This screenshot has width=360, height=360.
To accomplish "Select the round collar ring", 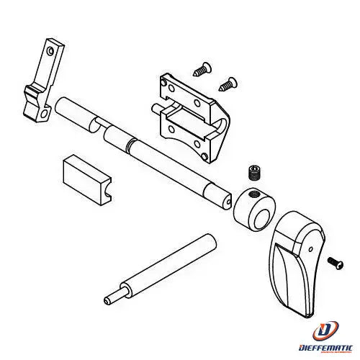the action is [254, 209].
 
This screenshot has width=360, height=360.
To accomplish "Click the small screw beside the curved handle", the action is [336, 264].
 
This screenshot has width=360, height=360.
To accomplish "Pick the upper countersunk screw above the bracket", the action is [202, 69].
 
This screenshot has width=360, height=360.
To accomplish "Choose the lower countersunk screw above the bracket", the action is [228, 84].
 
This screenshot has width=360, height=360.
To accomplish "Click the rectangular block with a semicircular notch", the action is [87, 179].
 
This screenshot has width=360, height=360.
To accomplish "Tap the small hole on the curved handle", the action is [311, 249].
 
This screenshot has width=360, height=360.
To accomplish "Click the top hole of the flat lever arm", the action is [50, 51].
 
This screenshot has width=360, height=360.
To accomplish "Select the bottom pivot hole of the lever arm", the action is [44, 114].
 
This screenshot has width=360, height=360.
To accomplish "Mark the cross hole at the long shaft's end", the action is [228, 202].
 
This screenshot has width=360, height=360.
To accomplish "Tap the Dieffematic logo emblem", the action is [325, 329].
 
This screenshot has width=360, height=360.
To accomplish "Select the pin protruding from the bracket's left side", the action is [157, 108].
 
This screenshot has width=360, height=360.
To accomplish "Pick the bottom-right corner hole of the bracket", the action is [204, 157].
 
